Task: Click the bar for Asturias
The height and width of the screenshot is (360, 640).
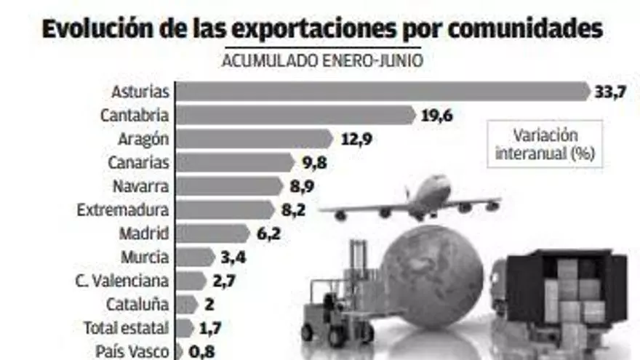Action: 383,92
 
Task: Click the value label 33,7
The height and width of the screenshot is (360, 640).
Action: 610,92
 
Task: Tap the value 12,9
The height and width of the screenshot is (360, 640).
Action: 356,139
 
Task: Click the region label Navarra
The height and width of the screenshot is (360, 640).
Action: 140,186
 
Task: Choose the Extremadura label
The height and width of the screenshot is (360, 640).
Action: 123,210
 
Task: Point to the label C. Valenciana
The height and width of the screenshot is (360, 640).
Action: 121,281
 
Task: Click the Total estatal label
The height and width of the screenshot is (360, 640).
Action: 126,328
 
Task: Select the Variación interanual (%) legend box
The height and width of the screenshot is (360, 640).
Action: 545,144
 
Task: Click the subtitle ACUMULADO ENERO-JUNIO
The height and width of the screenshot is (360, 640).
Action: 322,60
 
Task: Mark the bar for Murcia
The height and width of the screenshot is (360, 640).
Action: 194,257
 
